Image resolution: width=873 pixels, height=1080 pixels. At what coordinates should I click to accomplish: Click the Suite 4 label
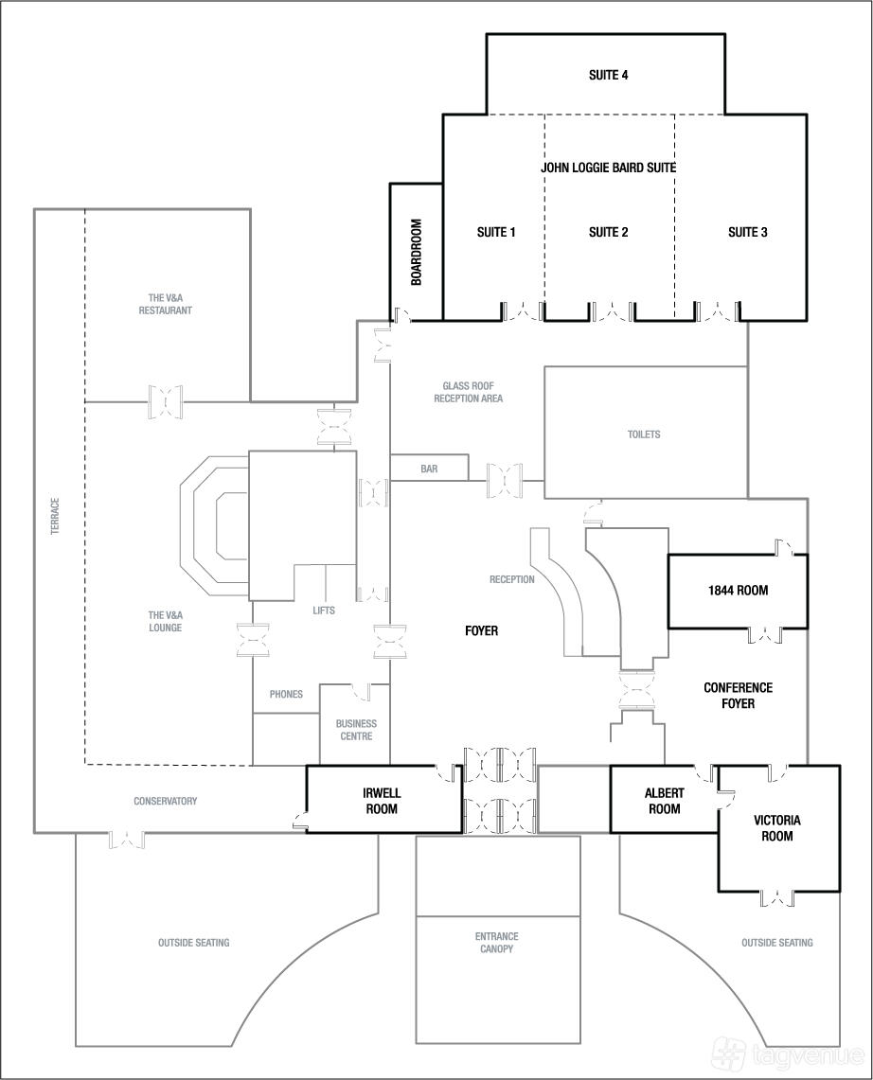pyautogui.click(x=608, y=75)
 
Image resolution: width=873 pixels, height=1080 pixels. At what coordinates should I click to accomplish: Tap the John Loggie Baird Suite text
pyautogui.click(x=608, y=168)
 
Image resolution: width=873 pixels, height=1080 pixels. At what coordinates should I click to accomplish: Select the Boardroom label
pyautogui.click(x=416, y=252)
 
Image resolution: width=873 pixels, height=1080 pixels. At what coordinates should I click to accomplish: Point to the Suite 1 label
pyautogui.click(x=496, y=232)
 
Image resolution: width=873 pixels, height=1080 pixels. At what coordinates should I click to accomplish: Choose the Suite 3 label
pyautogui.click(x=748, y=232)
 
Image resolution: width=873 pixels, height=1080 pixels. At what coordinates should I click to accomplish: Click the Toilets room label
pyautogui.click(x=644, y=434)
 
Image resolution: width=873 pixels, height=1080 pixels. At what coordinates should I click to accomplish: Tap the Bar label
pyautogui.click(x=429, y=469)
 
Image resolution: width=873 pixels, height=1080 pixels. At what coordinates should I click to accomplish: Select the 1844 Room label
pyautogui.click(x=738, y=591)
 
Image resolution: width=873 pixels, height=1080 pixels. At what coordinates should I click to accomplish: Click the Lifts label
pyautogui.click(x=323, y=611)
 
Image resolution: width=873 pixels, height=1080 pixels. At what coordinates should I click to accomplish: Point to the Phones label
pyautogui.click(x=286, y=694)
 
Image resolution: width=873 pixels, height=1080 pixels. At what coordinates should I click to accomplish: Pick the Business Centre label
pyautogui.click(x=356, y=730)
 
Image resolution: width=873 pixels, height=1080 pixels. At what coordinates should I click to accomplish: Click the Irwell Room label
pyautogui.click(x=381, y=801)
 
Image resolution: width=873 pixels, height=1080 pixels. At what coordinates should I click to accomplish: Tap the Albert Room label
pyautogui.click(x=665, y=801)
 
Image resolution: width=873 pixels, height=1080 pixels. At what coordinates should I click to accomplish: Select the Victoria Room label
pyautogui.click(x=777, y=828)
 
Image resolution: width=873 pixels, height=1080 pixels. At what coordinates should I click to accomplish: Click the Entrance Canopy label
pyautogui.click(x=496, y=942)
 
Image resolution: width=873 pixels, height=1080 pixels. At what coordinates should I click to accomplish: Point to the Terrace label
pyautogui.click(x=55, y=516)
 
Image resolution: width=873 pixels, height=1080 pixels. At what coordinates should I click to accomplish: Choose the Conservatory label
pyautogui.click(x=166, y=801)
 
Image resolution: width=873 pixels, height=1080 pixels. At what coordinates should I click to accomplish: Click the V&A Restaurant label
pyautogui.click(x=166, y=304)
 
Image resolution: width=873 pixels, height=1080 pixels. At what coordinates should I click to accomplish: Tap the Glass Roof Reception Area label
pyautogui.click(x=468, y=392)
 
